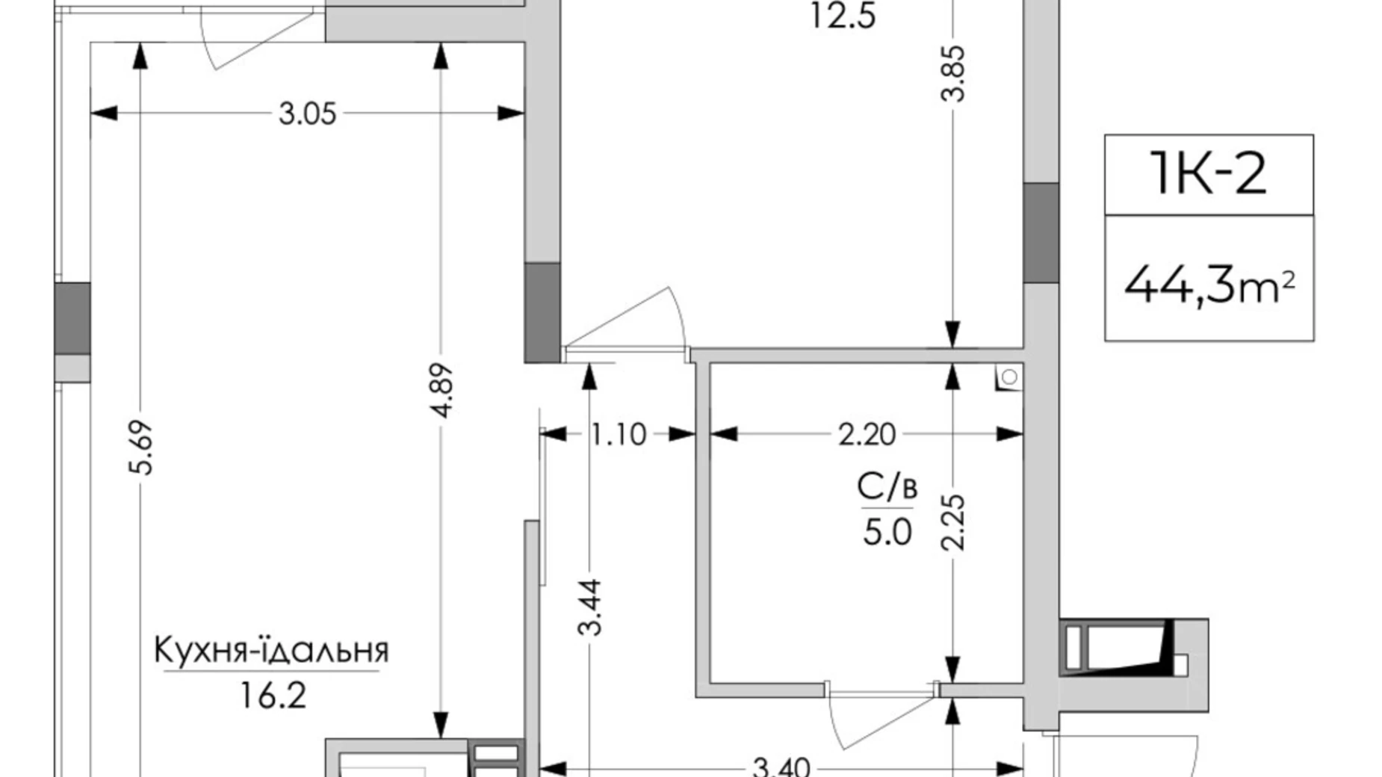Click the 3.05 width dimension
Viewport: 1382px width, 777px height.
pyautogui.click(x=307, y=114)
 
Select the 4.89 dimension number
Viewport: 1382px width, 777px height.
pyautogui.click(x=441, y=390)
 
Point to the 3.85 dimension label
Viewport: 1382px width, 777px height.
pyautogui.click(x=953, y=73)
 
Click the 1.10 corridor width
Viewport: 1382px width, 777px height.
pyautogui.click(x=618, y=434)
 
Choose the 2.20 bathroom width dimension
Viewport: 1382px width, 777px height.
pyautogui.click(x=866, y=434)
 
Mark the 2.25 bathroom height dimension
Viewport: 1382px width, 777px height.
pyautogui.click(x=953, y=521)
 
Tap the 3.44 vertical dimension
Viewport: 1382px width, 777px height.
pyautogui.click(x=590, y=607)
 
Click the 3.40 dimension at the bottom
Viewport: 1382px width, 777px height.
pyautogui.click(x=780, y=767)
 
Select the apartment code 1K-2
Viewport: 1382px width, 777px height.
pyautogui.click(x=1208, y=174)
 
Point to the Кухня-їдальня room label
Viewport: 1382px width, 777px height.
pyautogui.click(x=271, y=651)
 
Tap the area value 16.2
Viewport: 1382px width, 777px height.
pyautogui.click(x=273, y=696)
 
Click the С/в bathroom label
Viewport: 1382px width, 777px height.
pyautogui.click(x=887, y=488)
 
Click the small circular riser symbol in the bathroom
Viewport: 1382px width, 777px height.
pyautogui.click(x=1009, y=377)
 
